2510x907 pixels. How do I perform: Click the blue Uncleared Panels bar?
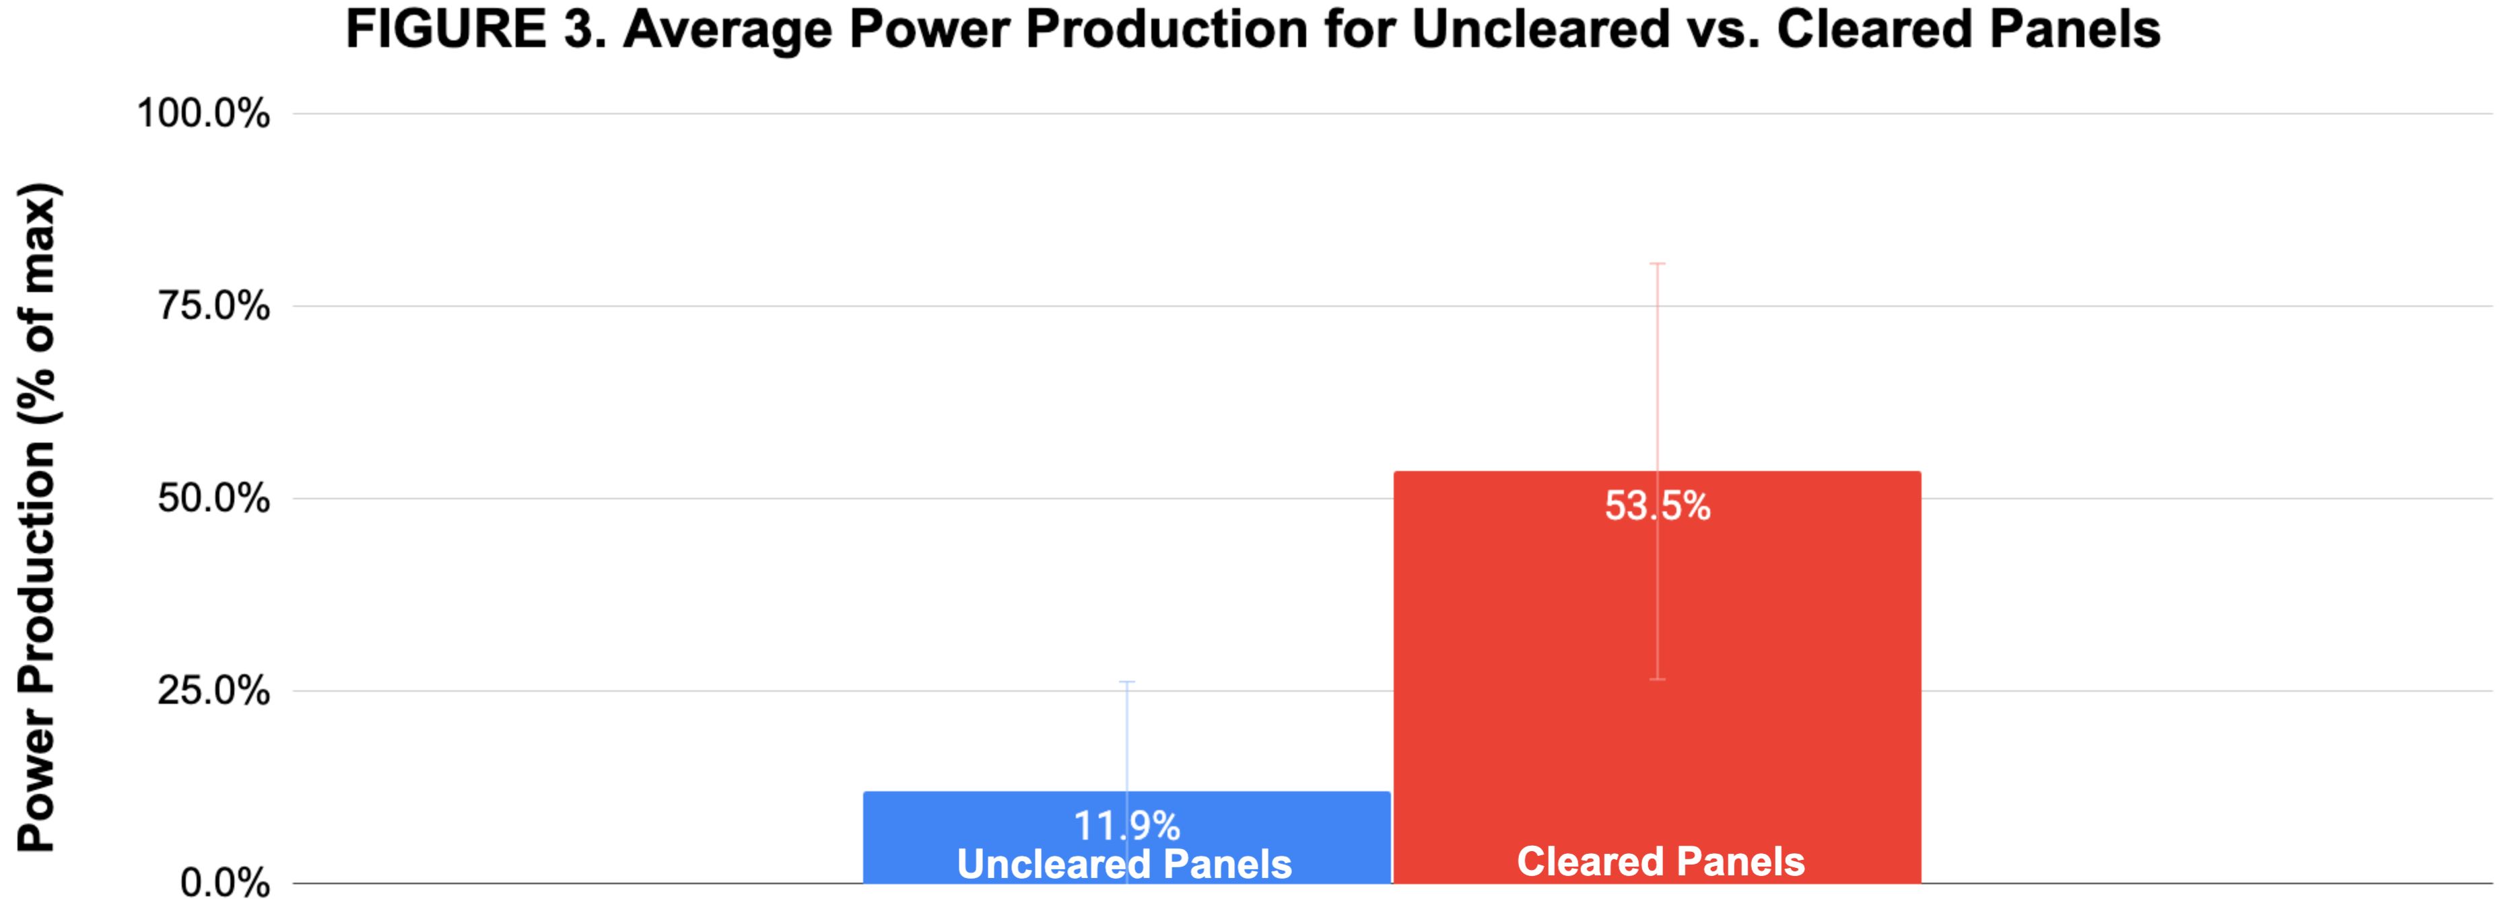click(1126, 837)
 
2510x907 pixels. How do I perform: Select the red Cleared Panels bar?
click(1656, 677)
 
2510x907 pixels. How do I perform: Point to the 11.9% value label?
click(1126, 826)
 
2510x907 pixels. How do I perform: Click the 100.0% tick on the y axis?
click(203, 113)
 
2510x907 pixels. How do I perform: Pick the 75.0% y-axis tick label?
click(213, 306)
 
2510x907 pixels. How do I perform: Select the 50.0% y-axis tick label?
click(213, 498)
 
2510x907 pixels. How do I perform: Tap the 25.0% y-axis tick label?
click(213, 691)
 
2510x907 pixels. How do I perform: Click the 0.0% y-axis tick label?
click(225, 883)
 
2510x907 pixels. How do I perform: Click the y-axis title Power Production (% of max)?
click(39, 516)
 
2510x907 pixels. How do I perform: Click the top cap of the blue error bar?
click(1127, 682)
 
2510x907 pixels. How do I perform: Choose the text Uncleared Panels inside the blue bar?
click(1124, 863)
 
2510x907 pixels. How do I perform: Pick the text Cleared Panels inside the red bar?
click(1660, 861)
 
